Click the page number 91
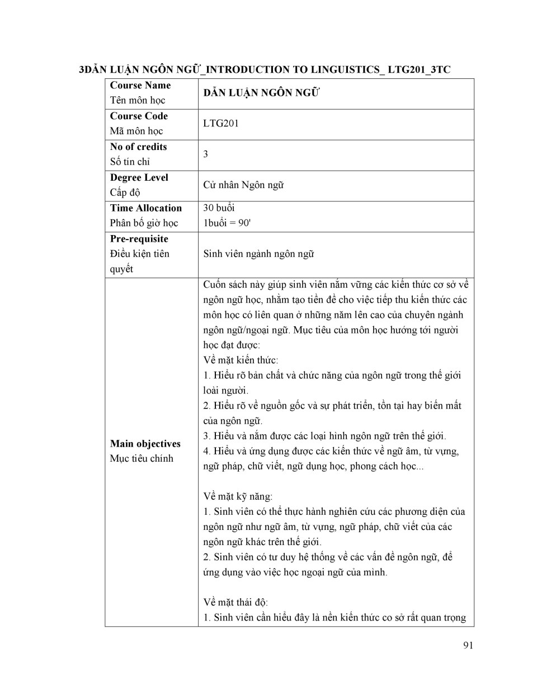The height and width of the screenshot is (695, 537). click(468, 645)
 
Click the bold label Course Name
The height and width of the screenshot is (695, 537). click(140, 86)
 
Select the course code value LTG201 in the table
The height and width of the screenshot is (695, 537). click(221, 124)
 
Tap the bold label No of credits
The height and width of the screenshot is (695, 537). click(138, 147)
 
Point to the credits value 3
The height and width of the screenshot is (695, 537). click(206, 154)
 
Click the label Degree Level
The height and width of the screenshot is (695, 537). click(139, 178)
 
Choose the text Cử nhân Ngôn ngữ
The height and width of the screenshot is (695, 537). click(243, 185)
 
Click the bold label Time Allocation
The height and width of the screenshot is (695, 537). click(145, 208)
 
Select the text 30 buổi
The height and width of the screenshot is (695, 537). click(219, 208)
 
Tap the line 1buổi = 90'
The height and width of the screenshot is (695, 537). click(227, 223)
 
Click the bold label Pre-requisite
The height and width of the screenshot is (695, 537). click(139, 239)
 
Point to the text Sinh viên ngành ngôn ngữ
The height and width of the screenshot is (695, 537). click(258, 254)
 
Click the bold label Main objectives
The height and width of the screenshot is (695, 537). click(145, 444)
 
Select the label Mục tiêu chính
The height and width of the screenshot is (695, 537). click(142, 459)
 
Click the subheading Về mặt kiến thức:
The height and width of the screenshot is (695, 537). click(241, 360)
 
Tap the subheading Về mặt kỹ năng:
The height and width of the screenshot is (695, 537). click(238, 496)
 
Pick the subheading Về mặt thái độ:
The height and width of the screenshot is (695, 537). click(235, 603)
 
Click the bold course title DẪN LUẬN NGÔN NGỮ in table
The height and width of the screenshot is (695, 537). click(261, 93)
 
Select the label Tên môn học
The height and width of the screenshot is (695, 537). click(138, 101)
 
